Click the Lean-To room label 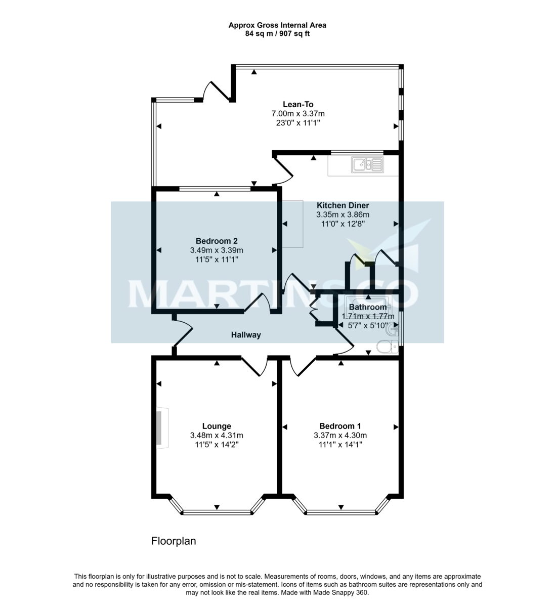(x=298, y=105)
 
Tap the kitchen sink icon (x=369, y=164)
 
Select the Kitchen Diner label (x=343, y=205)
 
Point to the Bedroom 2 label (x=217, y=241)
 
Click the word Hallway (x=246, y=335)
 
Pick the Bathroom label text (x=368, y=307)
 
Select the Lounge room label (x=217, y=426)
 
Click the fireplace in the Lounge (x=160, y=428)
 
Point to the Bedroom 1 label (x=340, y=426)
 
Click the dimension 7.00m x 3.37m (x=298, y=114)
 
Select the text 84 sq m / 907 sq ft (x=277, y=34)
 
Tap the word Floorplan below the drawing (x=174, y=541)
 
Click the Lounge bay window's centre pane (x=217, y=512)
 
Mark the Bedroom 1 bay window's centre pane (x=341, y=512)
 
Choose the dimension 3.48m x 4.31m (x=217, y=436)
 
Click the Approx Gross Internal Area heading (x=277, y=25)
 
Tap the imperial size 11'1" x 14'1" (x=340, y=445)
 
